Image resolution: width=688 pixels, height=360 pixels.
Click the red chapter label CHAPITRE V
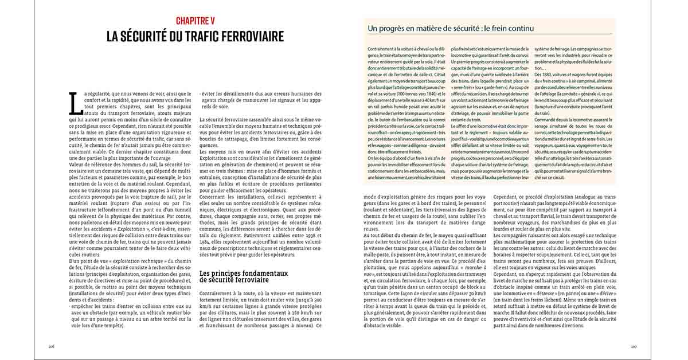click(195, 21)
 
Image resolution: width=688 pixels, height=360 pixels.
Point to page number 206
click(51, 347)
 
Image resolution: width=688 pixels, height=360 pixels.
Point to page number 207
click(634, 347)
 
